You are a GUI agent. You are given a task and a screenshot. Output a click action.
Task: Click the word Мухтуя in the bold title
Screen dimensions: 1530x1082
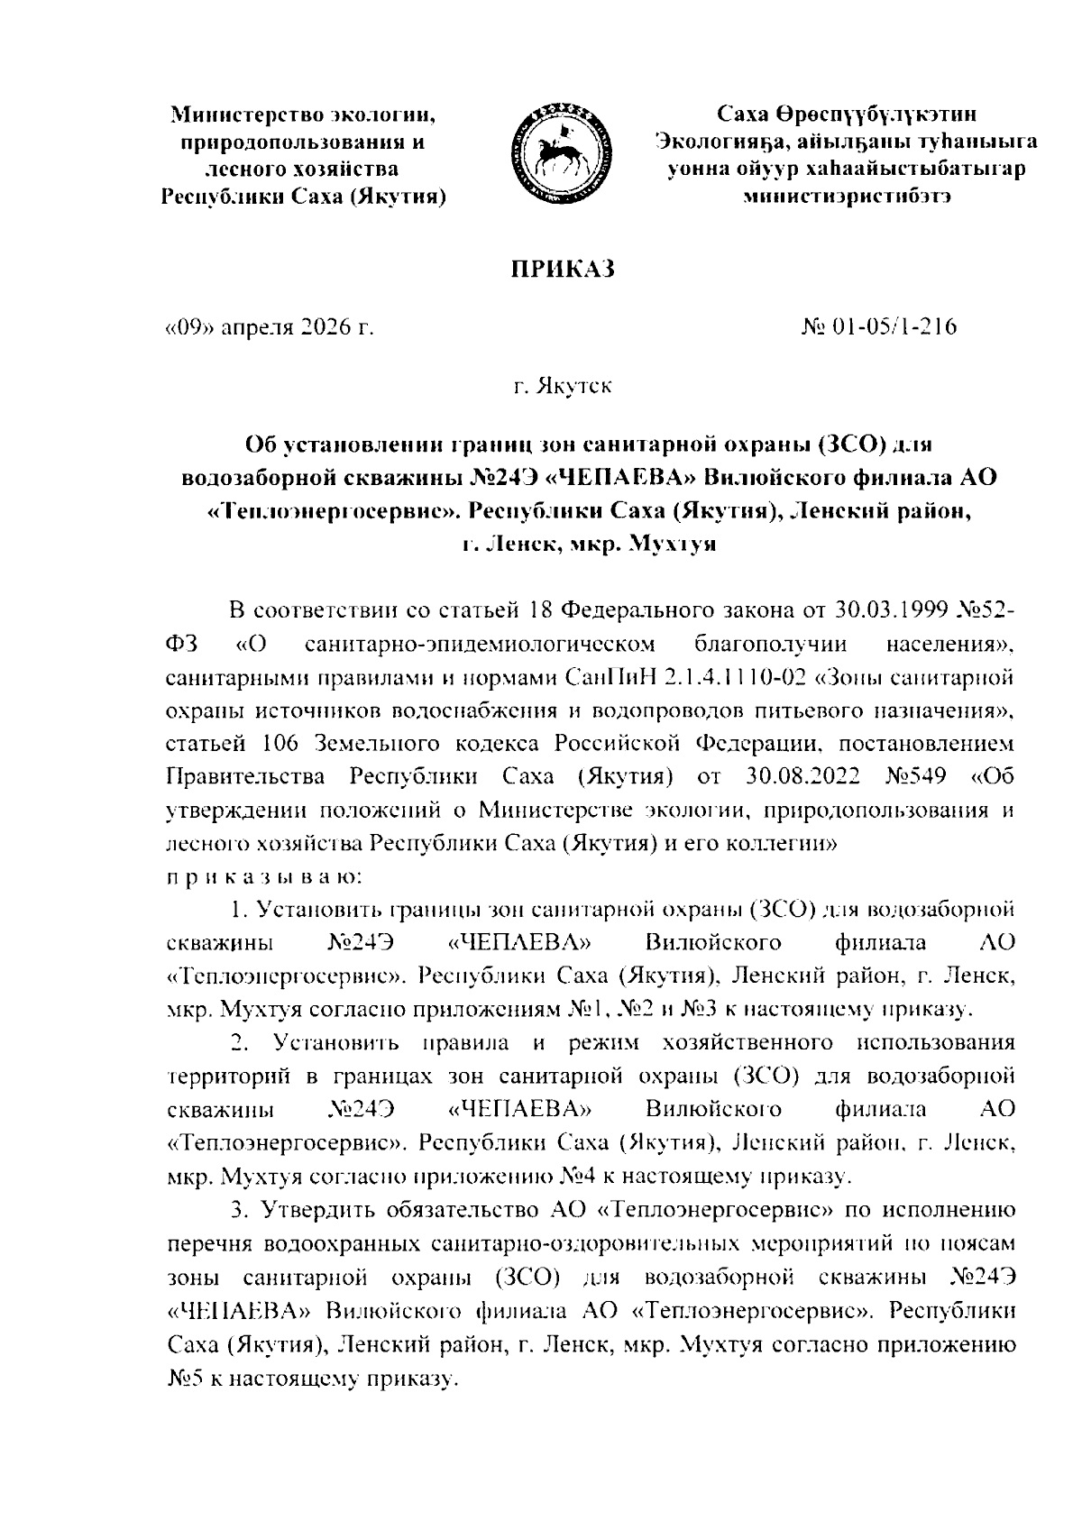coord(672,545)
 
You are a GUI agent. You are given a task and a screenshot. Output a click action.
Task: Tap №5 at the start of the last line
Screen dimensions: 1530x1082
coord(189,1379)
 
